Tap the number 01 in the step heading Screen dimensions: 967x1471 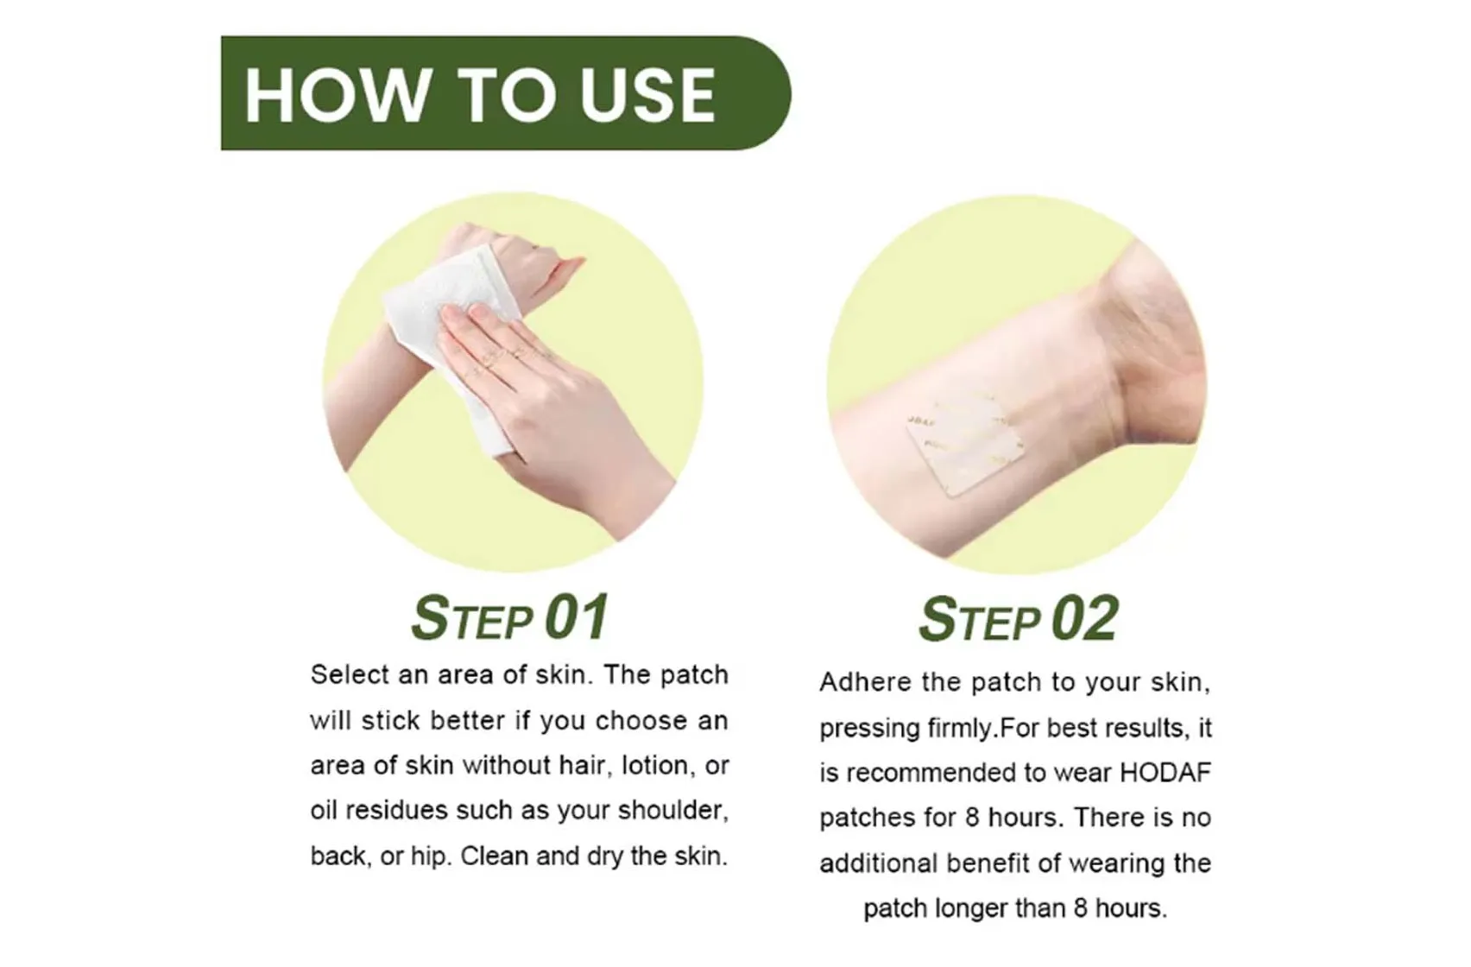click(x=577, y=618)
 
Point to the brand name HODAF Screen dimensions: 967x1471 click(x=1165, y=772)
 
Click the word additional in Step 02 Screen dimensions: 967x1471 click(x=878, y=863)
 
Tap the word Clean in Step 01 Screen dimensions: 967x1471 click(x=493, y=856)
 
